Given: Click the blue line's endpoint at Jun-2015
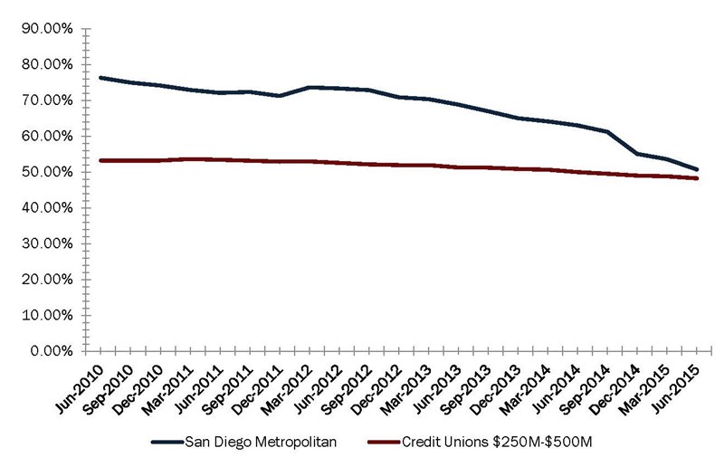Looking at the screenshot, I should point(697,169).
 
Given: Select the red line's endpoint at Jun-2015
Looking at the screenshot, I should point(697,178).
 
